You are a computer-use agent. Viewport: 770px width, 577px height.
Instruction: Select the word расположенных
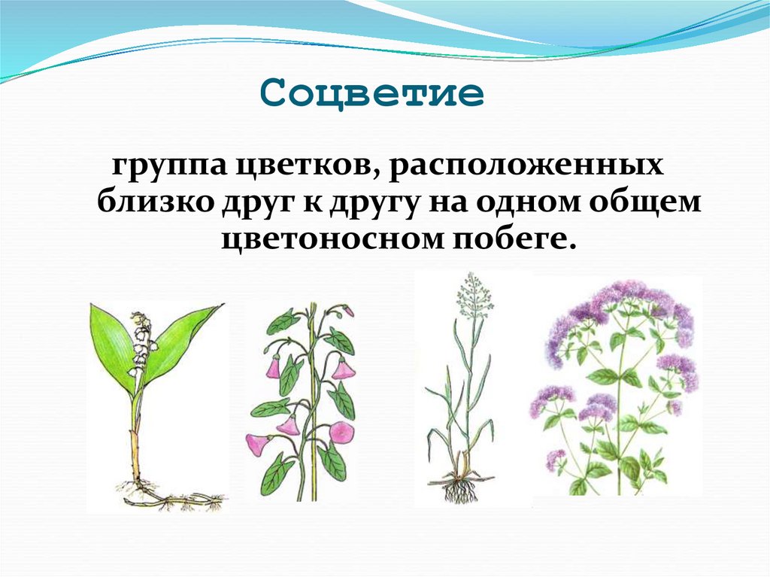526,167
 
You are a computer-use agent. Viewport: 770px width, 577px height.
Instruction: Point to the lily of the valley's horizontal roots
180,500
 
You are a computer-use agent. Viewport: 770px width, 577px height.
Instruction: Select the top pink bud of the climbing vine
348,310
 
